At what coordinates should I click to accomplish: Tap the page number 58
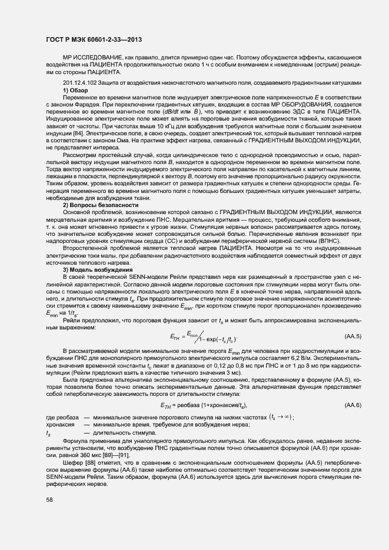tap(49, 499)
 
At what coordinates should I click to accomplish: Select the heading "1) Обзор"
tap(75, 90)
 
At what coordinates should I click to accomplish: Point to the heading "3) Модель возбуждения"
tap(93, 269)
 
